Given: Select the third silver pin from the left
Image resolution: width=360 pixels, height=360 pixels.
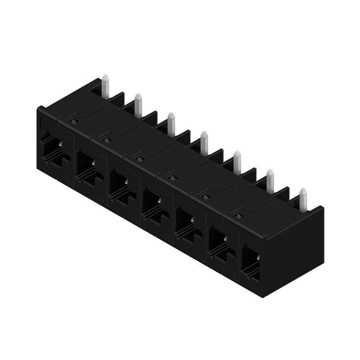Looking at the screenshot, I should coord(171,123).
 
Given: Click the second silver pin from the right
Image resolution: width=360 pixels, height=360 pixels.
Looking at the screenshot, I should coord(270,179).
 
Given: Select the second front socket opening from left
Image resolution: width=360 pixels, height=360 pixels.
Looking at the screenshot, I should coord(87,166).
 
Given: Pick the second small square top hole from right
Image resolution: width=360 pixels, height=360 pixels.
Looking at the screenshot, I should coord(205,195).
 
